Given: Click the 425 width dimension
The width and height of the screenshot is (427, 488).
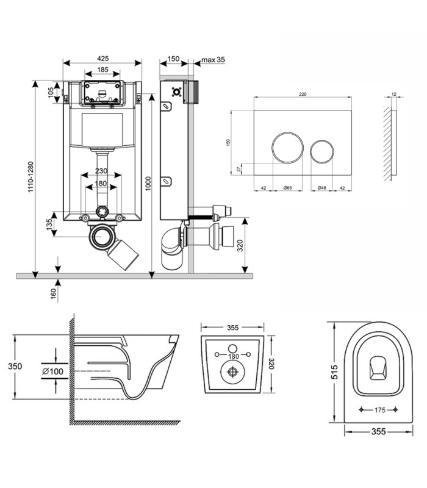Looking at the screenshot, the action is tap(102, 59).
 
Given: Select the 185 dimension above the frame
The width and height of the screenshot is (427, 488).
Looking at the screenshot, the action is tap(102, 70).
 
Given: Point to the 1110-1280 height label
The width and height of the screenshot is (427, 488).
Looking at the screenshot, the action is tap(30, 177).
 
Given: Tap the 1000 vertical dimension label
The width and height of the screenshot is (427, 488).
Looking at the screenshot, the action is tap(148, 184).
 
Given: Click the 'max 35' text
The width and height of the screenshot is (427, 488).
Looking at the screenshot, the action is tap(213, 60).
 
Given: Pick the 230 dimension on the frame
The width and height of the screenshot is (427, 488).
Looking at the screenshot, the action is tap(101, 171).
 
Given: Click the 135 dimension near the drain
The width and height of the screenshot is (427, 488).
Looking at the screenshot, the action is tap(49, 224).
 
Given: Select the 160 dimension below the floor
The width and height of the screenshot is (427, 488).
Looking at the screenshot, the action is tap(54, 294).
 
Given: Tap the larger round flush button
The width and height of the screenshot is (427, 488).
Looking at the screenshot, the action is tap(287, 148).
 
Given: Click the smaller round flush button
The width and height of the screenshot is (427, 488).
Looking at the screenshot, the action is tap(322, 151).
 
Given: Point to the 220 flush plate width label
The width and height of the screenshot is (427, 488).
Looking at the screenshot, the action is tap(303, 95).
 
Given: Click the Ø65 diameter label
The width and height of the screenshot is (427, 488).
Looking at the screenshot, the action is tap(287, 188).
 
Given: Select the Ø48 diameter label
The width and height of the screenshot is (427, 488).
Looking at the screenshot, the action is tap(322, 188).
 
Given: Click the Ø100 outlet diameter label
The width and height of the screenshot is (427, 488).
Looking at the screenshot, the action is tap(52, 371).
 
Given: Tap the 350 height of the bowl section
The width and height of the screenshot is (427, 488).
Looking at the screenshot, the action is tap(15, 367).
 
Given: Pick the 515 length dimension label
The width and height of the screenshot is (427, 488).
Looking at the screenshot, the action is tap(334, 372).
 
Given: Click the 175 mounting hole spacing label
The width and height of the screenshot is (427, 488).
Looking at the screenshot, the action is tap(379, 410).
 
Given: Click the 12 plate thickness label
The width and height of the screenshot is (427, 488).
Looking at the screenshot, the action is tap(394, 94).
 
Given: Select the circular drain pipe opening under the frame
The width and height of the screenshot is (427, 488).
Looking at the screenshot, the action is tap(101, 237).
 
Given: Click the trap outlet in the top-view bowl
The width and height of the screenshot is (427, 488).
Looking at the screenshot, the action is tap(378, 368).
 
